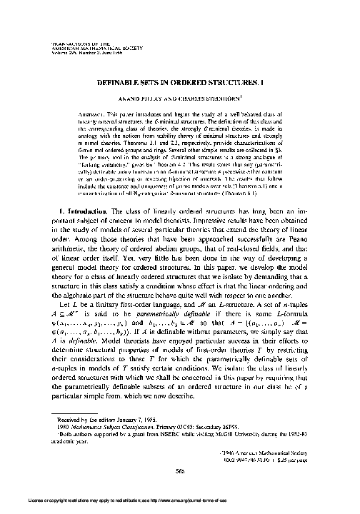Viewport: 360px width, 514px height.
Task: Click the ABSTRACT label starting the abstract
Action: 89,114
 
